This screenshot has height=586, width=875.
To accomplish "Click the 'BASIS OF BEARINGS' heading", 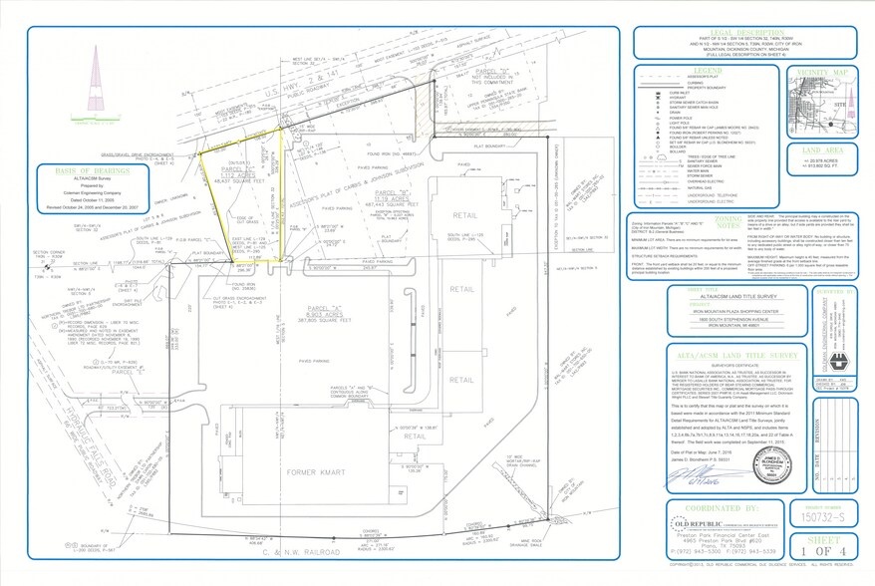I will pyautogui.click(x=71, y=171).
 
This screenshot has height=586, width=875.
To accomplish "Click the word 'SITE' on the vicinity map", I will pyautogui.click(x=842, y=101).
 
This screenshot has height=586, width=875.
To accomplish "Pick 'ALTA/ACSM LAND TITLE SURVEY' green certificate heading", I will pyautogui.click(x=726, y=354).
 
